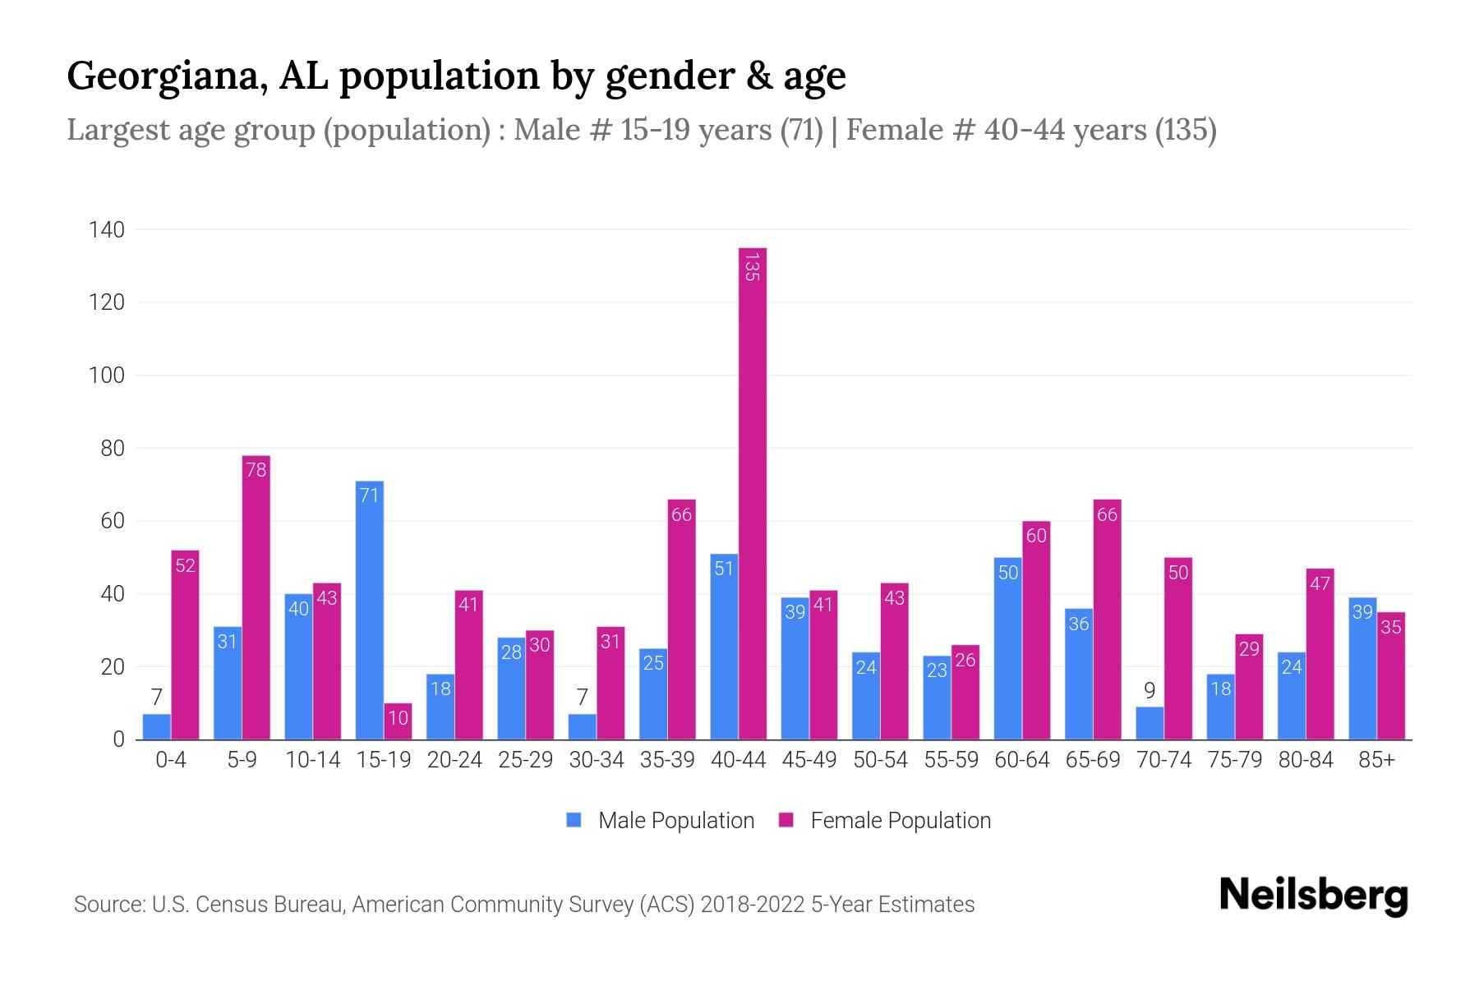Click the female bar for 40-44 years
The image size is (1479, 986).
[x=753, y=493]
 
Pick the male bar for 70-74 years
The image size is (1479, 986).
[x=1150, y=723]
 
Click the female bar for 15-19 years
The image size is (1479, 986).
[x=398, y=721]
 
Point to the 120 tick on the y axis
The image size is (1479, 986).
[x=107, y=302]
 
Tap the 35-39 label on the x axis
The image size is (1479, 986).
[x=667, y=760]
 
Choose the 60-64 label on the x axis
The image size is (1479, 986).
[x=1021, y=760]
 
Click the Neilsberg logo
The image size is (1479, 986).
[x=1313, y=896]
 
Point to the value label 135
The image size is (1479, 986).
[x=751, y=267]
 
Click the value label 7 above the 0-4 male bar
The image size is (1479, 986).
[x=156, y=698]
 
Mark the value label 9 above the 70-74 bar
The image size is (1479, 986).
[x=1150, y=691]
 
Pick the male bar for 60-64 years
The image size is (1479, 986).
[x=1008, y=648]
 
